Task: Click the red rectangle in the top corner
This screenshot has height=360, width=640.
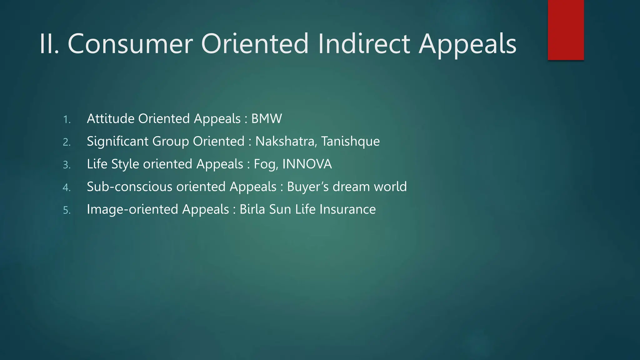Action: [x=566, y=30]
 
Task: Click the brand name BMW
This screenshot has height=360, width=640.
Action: [x=267, y=119]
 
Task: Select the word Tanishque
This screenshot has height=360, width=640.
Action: [x=350, y=141]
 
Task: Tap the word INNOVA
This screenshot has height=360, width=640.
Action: [x=307, y=164]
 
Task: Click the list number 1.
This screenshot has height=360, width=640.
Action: [x=67, y=119]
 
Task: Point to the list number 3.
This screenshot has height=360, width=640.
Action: [x=67, y=165]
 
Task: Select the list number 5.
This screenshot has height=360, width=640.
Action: [x=67, y=210]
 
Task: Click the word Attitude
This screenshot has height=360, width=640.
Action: [x=111, y=119]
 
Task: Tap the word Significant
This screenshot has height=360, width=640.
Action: [x=117, y=141]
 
